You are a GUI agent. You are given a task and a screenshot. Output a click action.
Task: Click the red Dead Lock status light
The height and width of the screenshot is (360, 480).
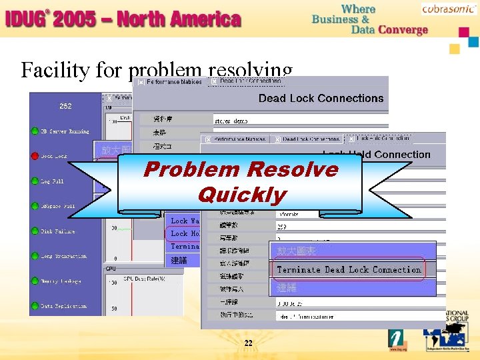pyautogui.click(x=35, y=155)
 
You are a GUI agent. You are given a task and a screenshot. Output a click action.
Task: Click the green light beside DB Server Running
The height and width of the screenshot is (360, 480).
pyautogui.click(x=35, y=131)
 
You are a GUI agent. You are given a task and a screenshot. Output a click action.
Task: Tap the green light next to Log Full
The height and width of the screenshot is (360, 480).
pyautogui.click(x=35, y=181)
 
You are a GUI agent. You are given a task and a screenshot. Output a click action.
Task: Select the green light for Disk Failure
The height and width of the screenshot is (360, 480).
pyautogui.click(x=35, y=231)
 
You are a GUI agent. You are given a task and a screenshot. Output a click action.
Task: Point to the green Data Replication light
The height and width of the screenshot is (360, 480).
pyautogui.click(x=35, y=306)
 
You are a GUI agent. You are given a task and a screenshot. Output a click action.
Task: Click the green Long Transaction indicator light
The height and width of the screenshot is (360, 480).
pyautogui.click(x=35, y=256)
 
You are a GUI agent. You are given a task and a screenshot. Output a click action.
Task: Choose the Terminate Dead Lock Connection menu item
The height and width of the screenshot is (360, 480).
pyautogui.click(x=349, y=270)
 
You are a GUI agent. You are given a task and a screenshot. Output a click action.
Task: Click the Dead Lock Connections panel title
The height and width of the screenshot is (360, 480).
pyautogui.click(x=321, y=98)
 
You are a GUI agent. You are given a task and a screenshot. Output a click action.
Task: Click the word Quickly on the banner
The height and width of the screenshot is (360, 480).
pyautogui.click(x=241, y=195)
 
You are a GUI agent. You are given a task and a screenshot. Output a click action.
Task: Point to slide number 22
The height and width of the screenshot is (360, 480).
pyautogui.click(x=248, y=343)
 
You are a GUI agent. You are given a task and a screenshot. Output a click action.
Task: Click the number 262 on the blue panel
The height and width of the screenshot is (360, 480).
pyautogui.click(x=65, y=106)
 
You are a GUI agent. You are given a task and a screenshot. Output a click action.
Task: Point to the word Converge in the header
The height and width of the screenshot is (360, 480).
pyautogui.click(x=403, y=30)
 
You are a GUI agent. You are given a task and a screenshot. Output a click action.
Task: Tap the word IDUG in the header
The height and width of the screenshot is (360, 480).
pyautogui.click(x=24, y=19)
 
